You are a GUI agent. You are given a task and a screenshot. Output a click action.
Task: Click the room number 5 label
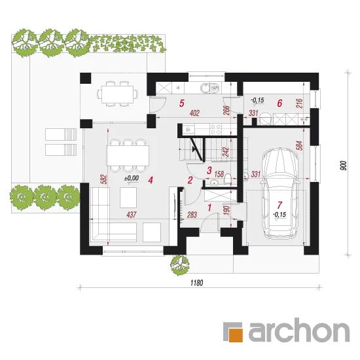click(x=181, y=103)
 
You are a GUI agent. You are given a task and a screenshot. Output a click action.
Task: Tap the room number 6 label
click(x=279, y=103)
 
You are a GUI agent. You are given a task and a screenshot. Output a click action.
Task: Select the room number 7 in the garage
click(x=279, y=205)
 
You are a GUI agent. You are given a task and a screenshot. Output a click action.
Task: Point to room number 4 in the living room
click(x=151, y=180)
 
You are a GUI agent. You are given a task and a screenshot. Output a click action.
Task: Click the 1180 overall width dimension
click(x=197, y=283)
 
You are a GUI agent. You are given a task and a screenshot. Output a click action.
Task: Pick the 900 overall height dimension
click(x=344, y=166)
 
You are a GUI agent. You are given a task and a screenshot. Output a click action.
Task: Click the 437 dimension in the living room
click(x=132, y=215)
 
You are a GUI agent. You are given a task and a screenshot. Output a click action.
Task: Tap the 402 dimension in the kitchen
click(x=194, y=113)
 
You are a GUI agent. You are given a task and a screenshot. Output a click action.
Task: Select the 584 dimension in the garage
click(x=300, y=146)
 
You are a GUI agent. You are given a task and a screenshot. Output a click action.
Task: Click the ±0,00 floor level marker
click(x=132, y=178)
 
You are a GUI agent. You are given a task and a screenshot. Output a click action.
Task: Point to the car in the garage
click(x=280, y=194)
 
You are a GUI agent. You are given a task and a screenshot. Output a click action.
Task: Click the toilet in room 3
click(x=228, y=179)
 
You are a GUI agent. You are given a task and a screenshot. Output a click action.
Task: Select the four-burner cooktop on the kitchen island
click(x=216, y=129)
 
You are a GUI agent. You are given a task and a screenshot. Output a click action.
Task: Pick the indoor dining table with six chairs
click(x=128, y=155)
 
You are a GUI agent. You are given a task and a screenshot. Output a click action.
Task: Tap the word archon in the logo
click(x=299, y=330)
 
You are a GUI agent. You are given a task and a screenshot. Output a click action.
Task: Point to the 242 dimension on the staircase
click(x=225, y=152)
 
